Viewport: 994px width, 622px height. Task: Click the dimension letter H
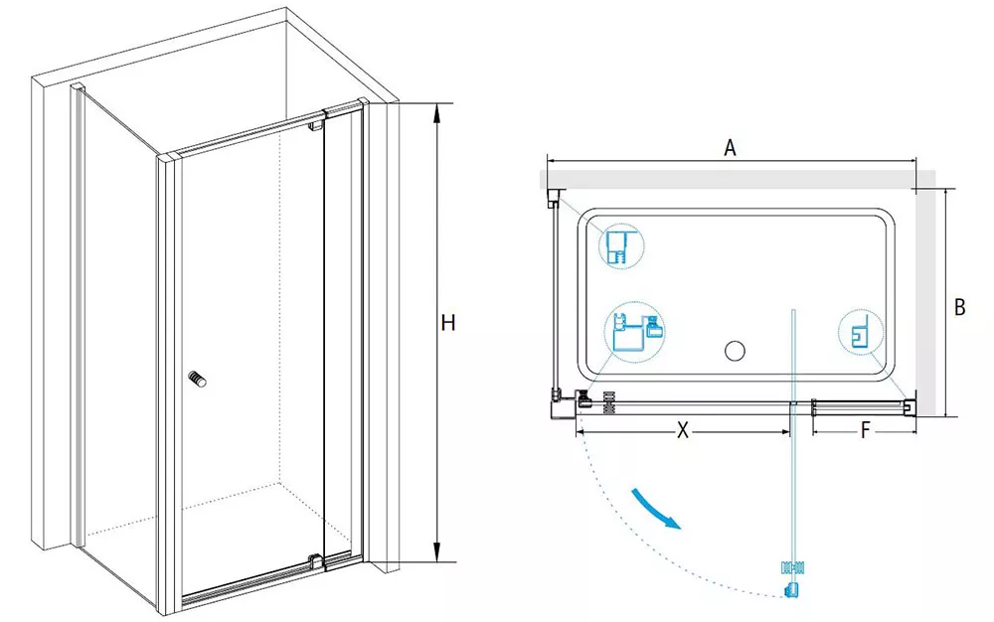(x=448, y=323)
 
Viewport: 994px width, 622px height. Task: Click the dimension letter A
(x=731, y=148)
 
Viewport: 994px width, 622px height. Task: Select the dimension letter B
(x=960, y=307)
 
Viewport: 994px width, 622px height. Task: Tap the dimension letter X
(x=682, y=430)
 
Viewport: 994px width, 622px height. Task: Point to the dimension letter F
(x=866, y=431)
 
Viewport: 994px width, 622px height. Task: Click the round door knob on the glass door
(x=197, y=379)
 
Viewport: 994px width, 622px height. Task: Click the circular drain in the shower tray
(x=735, y=351)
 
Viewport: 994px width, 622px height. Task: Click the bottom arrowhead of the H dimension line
(x=436, y=552)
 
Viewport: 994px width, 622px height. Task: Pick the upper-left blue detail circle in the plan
(x=621, y=246)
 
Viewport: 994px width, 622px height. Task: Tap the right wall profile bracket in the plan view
(x=910, y=406)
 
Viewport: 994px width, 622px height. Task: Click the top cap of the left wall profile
(x=77, y=86)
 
